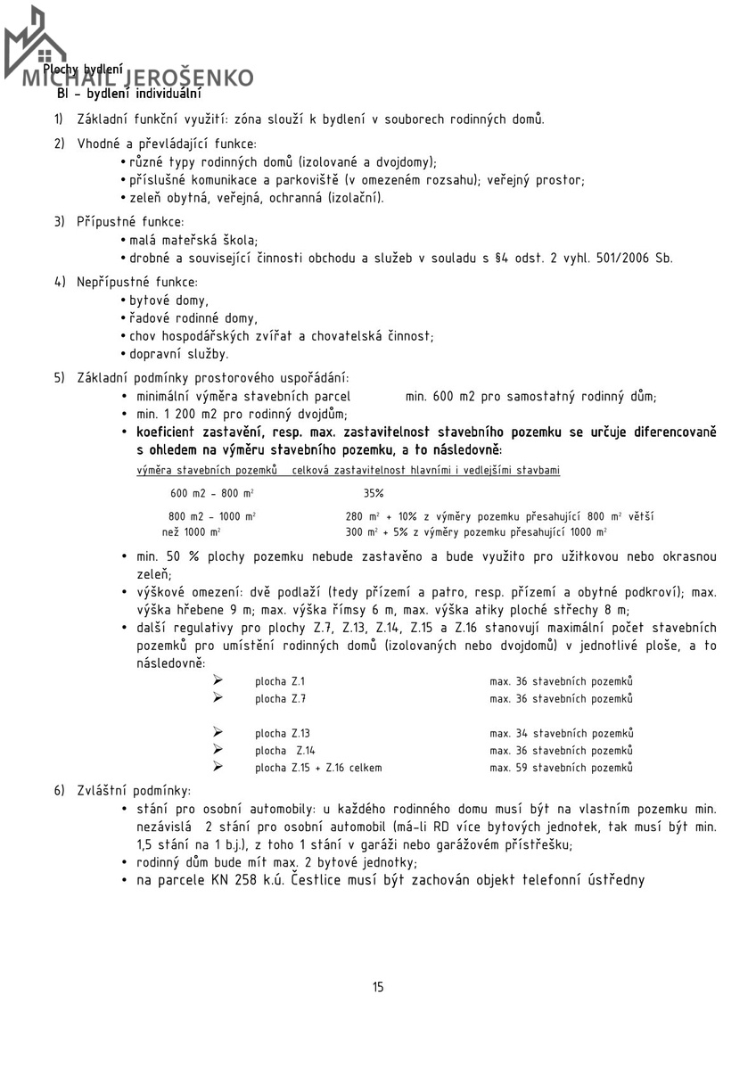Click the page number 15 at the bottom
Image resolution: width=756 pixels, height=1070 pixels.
[378, 986]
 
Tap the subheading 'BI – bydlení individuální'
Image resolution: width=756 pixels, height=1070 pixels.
[128, 93]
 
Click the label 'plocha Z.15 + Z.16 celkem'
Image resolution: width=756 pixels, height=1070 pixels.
[318, 767]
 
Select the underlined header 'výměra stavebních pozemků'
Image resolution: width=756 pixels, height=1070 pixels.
[206, 469]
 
